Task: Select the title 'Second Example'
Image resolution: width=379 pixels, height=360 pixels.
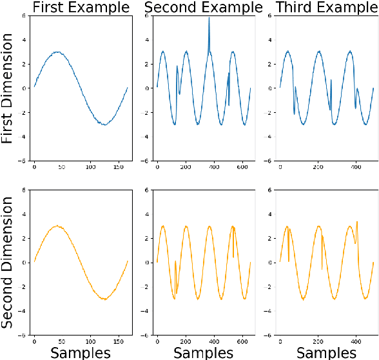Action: pos(203,8)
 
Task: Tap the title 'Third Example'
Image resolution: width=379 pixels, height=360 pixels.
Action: pos(326,8)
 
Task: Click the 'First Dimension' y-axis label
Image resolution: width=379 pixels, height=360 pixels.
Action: pos(8,88)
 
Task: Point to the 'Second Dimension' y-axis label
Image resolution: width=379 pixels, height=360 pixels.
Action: pos(8,263)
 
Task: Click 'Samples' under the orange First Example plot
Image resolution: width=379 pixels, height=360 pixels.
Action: pos(80,352)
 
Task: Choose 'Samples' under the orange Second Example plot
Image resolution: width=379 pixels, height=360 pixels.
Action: pos(203,352)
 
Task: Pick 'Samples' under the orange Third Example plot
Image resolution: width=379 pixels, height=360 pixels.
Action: pos(326,352)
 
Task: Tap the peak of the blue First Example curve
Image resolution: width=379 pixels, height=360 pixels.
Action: pos(56,52)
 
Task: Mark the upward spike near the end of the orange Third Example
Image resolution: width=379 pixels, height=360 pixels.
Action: pos(358,222)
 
